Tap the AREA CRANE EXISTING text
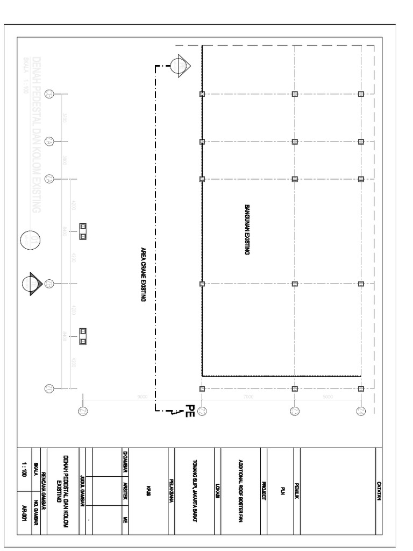pos(144,274)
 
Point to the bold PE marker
pos(189,412)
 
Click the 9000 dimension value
pos(143,397)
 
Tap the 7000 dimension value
pos(248,397)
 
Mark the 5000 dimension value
pos(327,397)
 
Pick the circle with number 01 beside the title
pos(30,241)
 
